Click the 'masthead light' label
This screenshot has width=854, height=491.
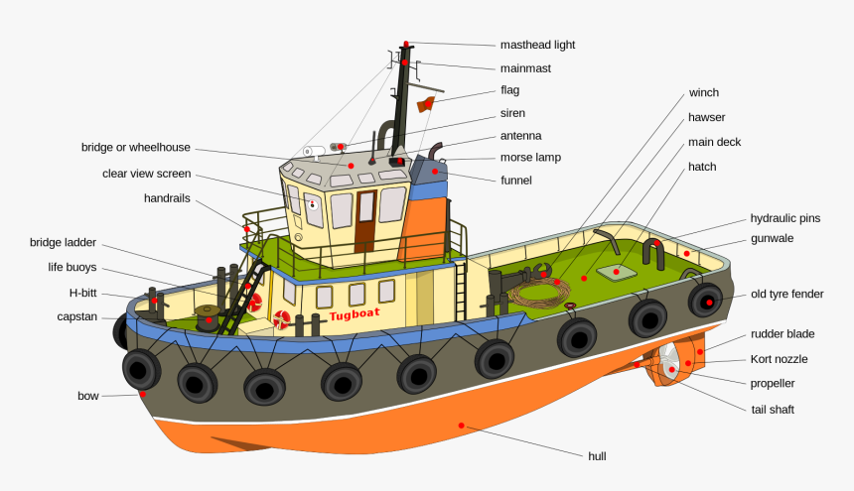click(537, 45)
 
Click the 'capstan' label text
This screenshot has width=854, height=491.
click(77, 316)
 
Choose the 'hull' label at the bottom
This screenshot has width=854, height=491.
click(597, 456)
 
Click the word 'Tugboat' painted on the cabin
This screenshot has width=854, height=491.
click(355, 315)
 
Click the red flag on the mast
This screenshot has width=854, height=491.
click(426, 104)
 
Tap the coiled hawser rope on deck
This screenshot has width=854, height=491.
click(537, 293)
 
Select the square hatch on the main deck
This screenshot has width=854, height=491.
click(618, 270)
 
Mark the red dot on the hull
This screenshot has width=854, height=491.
click(461, 426)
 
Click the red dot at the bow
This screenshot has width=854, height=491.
click(143, 393)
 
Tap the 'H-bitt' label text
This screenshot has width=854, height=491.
click(83, 293)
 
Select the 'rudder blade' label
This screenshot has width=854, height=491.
click(783, 334)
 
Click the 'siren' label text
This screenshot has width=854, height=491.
click(512, 113)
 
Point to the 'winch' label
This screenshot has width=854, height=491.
click(703, 92)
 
